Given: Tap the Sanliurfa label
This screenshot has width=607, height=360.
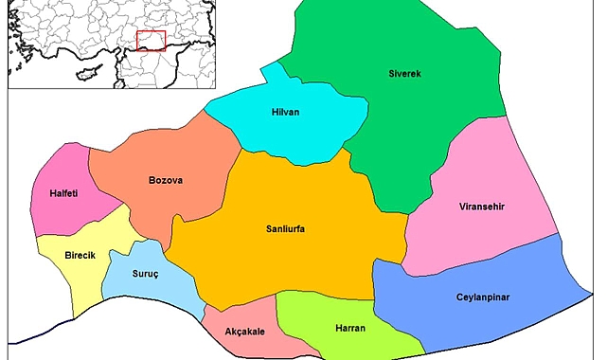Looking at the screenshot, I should click(285, 228).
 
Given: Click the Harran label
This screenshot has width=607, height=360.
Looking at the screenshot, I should click(350, 328).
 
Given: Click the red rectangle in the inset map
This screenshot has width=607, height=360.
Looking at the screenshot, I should click(151, 40).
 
